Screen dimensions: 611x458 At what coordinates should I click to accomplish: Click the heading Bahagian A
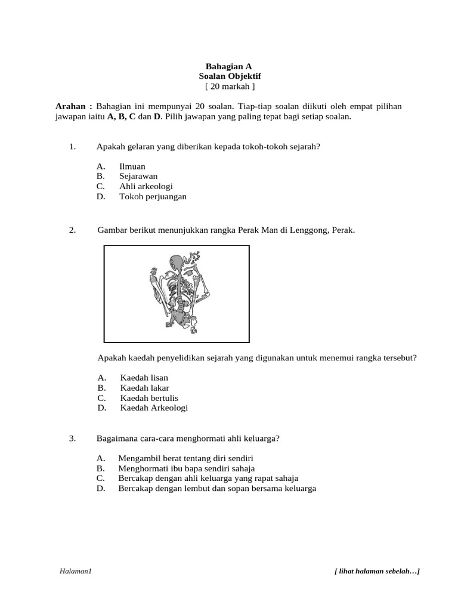coord(230,66)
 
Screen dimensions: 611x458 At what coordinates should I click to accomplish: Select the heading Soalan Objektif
coord(230,76)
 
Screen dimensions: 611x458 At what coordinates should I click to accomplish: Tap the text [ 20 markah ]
coord(230,87)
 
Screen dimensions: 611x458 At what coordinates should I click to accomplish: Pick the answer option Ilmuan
coord(132,166)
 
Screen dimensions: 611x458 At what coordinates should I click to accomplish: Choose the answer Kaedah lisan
coord(144,378)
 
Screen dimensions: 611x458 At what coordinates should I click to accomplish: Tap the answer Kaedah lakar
coord(144,388)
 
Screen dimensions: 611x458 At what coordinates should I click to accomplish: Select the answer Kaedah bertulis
coord(149,398)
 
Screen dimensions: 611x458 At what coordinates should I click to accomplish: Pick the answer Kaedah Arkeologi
coord(154,408)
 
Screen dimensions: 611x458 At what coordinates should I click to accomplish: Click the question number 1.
coord(72,146)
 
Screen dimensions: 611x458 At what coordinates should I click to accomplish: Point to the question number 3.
coord(72,439)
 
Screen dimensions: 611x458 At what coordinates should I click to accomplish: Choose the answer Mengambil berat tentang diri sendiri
coord(185,458)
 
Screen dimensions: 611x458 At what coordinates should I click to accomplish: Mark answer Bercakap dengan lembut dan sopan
coord(217,489)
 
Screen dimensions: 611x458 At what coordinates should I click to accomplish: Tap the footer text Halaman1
coord(75,572)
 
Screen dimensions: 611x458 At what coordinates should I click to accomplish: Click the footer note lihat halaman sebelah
coord(377,572)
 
